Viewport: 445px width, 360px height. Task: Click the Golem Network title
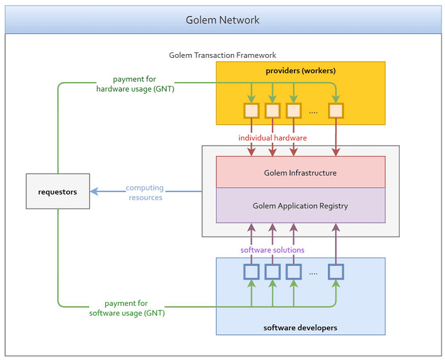pos(222,20)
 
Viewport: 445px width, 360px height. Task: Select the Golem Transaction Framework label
pos(222,55)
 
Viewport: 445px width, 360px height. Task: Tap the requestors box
pos(58,191)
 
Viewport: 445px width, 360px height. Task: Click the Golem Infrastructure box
pos(300,172)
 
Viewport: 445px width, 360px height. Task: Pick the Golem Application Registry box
pos(300,205)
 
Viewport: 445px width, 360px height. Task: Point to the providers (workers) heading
pos(300,70)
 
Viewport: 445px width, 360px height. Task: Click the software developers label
pos(300,328)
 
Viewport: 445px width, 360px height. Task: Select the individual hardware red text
pos(272,138)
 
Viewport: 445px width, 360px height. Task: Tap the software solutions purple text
pos(272,250)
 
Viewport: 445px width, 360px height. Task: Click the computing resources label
pos(144,193)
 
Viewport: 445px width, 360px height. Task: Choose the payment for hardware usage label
pos(135,84)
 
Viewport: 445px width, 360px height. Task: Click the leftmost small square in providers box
pos(252,111)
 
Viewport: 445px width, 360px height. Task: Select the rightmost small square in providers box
pos(336,111)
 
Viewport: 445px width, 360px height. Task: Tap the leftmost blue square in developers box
pos(252,272)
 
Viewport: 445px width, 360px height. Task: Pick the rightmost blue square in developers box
pos(336,272)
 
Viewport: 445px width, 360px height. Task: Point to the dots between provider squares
pos(313,112)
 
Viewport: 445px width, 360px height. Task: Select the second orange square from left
pos(273,111)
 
